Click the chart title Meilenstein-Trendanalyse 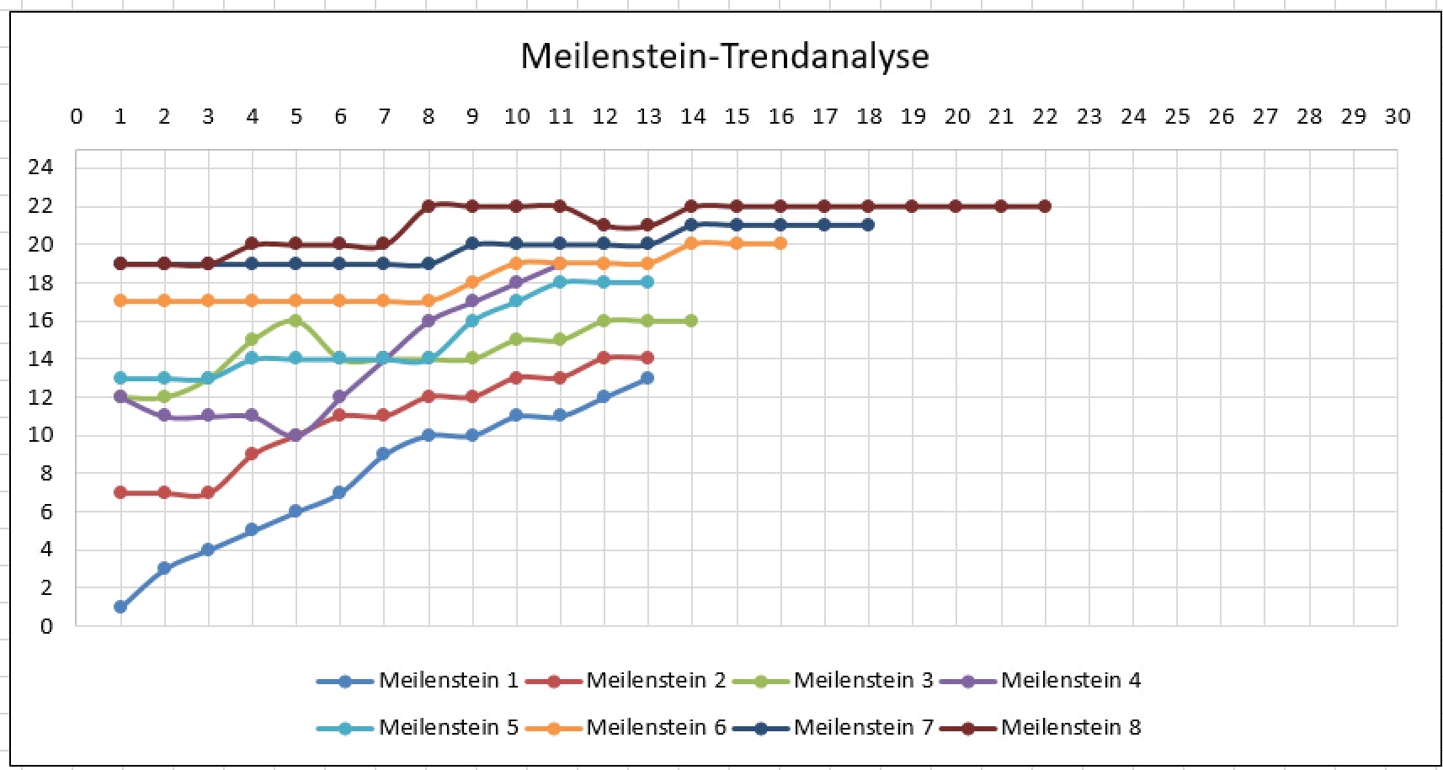(x=724, y=56)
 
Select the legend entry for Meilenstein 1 (x=448, y=680)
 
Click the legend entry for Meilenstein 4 (x=1070, y=680)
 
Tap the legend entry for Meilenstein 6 (x=655, y=727)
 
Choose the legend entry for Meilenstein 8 (x=1070, y=727)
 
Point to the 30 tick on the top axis (x=1397, y=117)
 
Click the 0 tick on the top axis (x=77, y=117)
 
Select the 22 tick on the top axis (x=1045, y=117)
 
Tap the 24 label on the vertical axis (x=40, y=167)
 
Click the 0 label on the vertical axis (x=46, y=626)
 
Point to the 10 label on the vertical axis (x=40, y=435)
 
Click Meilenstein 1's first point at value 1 (x=120, y=607)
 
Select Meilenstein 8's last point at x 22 (x=1045, y=206)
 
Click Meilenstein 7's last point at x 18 (x=868, y=225)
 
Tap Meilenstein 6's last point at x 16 (x=780, y=243)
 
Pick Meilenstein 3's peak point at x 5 (x=296, y=321)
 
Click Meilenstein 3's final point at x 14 (x=691, y=321)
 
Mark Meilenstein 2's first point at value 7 (x=120, y=492)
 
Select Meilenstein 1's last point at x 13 (x=647, y=378)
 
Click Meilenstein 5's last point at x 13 (x=647, y=282)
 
